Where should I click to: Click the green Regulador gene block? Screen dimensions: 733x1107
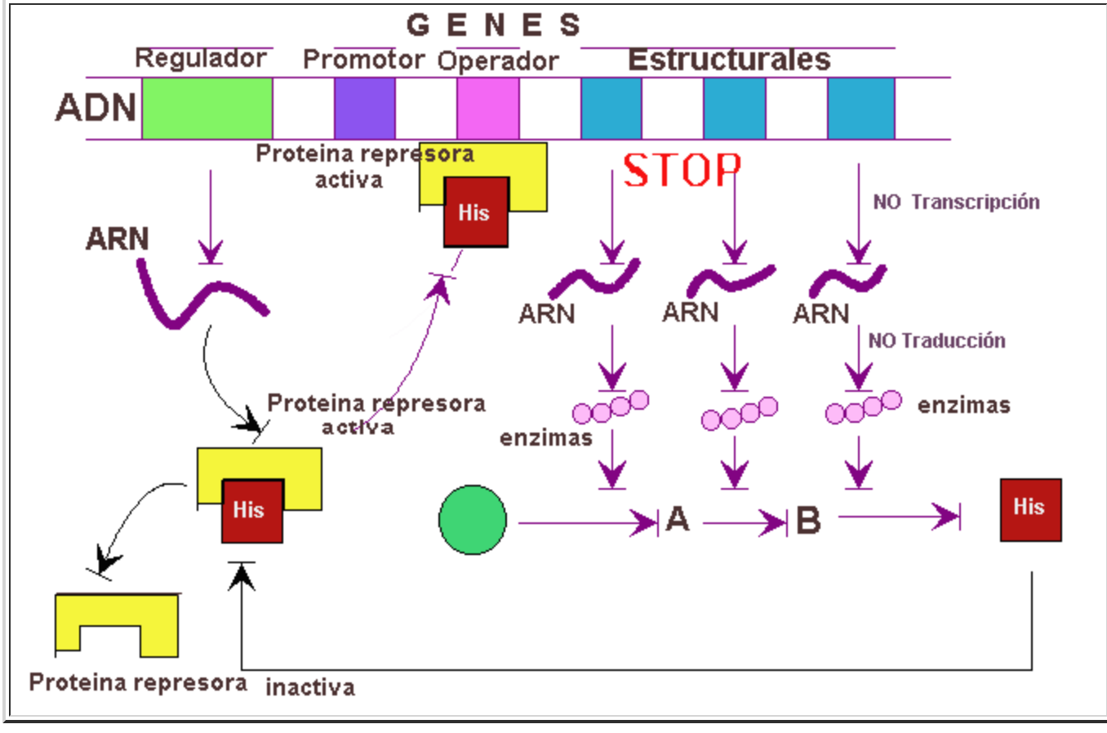[207, 109]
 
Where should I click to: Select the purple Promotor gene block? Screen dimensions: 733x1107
[365, 109]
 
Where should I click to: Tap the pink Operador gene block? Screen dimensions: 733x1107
[488, 109]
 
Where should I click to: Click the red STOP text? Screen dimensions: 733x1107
[682, 171]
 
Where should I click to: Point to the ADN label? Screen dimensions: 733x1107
[96, 108]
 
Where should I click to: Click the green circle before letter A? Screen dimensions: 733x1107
[473, 520]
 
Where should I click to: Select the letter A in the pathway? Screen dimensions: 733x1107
[678, 519]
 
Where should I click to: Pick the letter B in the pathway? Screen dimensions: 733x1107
[808, 520]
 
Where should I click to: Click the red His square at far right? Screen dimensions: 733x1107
[1031, 509]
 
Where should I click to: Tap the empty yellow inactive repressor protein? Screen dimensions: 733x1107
[117, 624]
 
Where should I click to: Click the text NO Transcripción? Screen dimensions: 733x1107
[956, 202]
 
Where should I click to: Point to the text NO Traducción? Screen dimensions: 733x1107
[936, 340]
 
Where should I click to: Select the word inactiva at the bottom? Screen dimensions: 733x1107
[310, 687]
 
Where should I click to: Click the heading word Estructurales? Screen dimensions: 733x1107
[729, 60]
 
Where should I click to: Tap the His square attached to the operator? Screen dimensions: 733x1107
[476, 212]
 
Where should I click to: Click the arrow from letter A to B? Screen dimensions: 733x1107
[743, 522]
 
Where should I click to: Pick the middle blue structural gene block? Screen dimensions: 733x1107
[735, 109]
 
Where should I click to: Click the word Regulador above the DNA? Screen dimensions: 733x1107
[201, 59]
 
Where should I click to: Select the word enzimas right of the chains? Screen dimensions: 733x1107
[964, 405]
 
